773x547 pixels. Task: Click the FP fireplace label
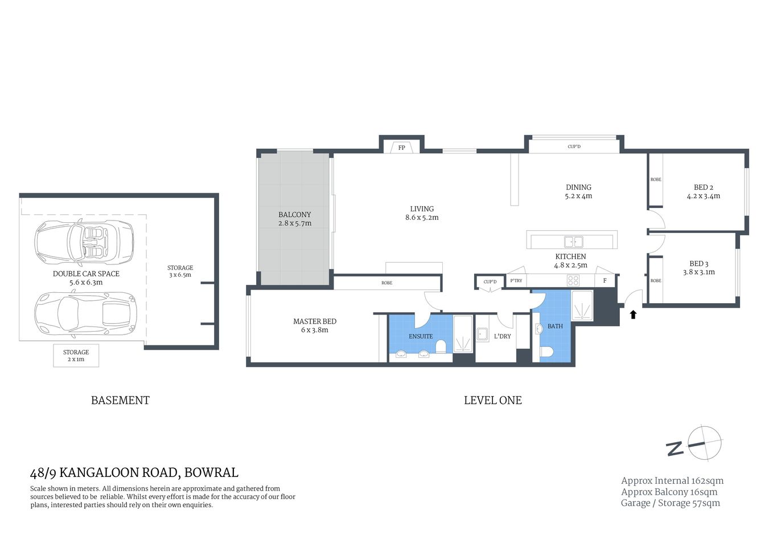(x=401, y=148)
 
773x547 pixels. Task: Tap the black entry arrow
(x=633, y=314)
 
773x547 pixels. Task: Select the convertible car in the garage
(x=84, y=242)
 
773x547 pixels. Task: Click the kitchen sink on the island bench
(x=573, y=241)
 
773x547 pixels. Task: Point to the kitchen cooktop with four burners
(x=573, y=280)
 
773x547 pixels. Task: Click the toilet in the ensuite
(x=440, y=347)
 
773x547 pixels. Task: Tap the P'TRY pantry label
(x=516, y=281)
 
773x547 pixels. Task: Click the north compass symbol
(x=705, y=443)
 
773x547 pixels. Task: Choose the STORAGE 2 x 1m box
(x=76, y=356)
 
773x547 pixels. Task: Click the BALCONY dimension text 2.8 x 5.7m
(x=295, y=223)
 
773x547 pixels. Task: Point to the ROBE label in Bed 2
(x=656, y=179)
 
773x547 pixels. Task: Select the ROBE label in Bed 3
(x=656, y=280)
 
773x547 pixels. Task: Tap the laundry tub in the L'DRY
(x=482, y=334)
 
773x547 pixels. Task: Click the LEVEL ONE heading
(x=492, y=401)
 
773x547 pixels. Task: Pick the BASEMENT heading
(x=120, y=401)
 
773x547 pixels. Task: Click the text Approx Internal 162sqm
(x=672, y=481)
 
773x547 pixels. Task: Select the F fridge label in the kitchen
(x=605, y=280)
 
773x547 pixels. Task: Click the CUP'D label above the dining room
(x=574, y=146)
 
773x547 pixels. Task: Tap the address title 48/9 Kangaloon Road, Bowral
(x=134, y=473)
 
